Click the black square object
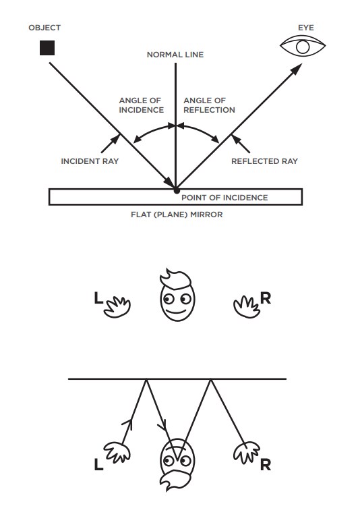(x=47, y=48)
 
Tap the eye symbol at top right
(x=303, y=46)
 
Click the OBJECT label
(x=44, y=28)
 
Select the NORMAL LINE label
(x=175, y=55)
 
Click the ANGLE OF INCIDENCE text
(x=142, y=105)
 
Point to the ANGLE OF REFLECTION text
(x=210, y=105)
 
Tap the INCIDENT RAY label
(x=90, y=161)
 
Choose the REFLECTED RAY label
(x=264, y=161)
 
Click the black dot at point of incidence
(x=177, y=191)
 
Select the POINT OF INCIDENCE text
(x=224, y=198)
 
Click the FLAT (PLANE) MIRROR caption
(x=177, y=215)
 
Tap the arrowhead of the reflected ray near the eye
(x=297, y=69)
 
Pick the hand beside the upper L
(x=117, y=307)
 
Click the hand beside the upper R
(x=247, y=307)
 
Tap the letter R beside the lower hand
(x=266, y=465)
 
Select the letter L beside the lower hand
(x=98, y=465)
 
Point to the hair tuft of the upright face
(x=175, y=279)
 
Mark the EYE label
(x=306, y=28)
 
